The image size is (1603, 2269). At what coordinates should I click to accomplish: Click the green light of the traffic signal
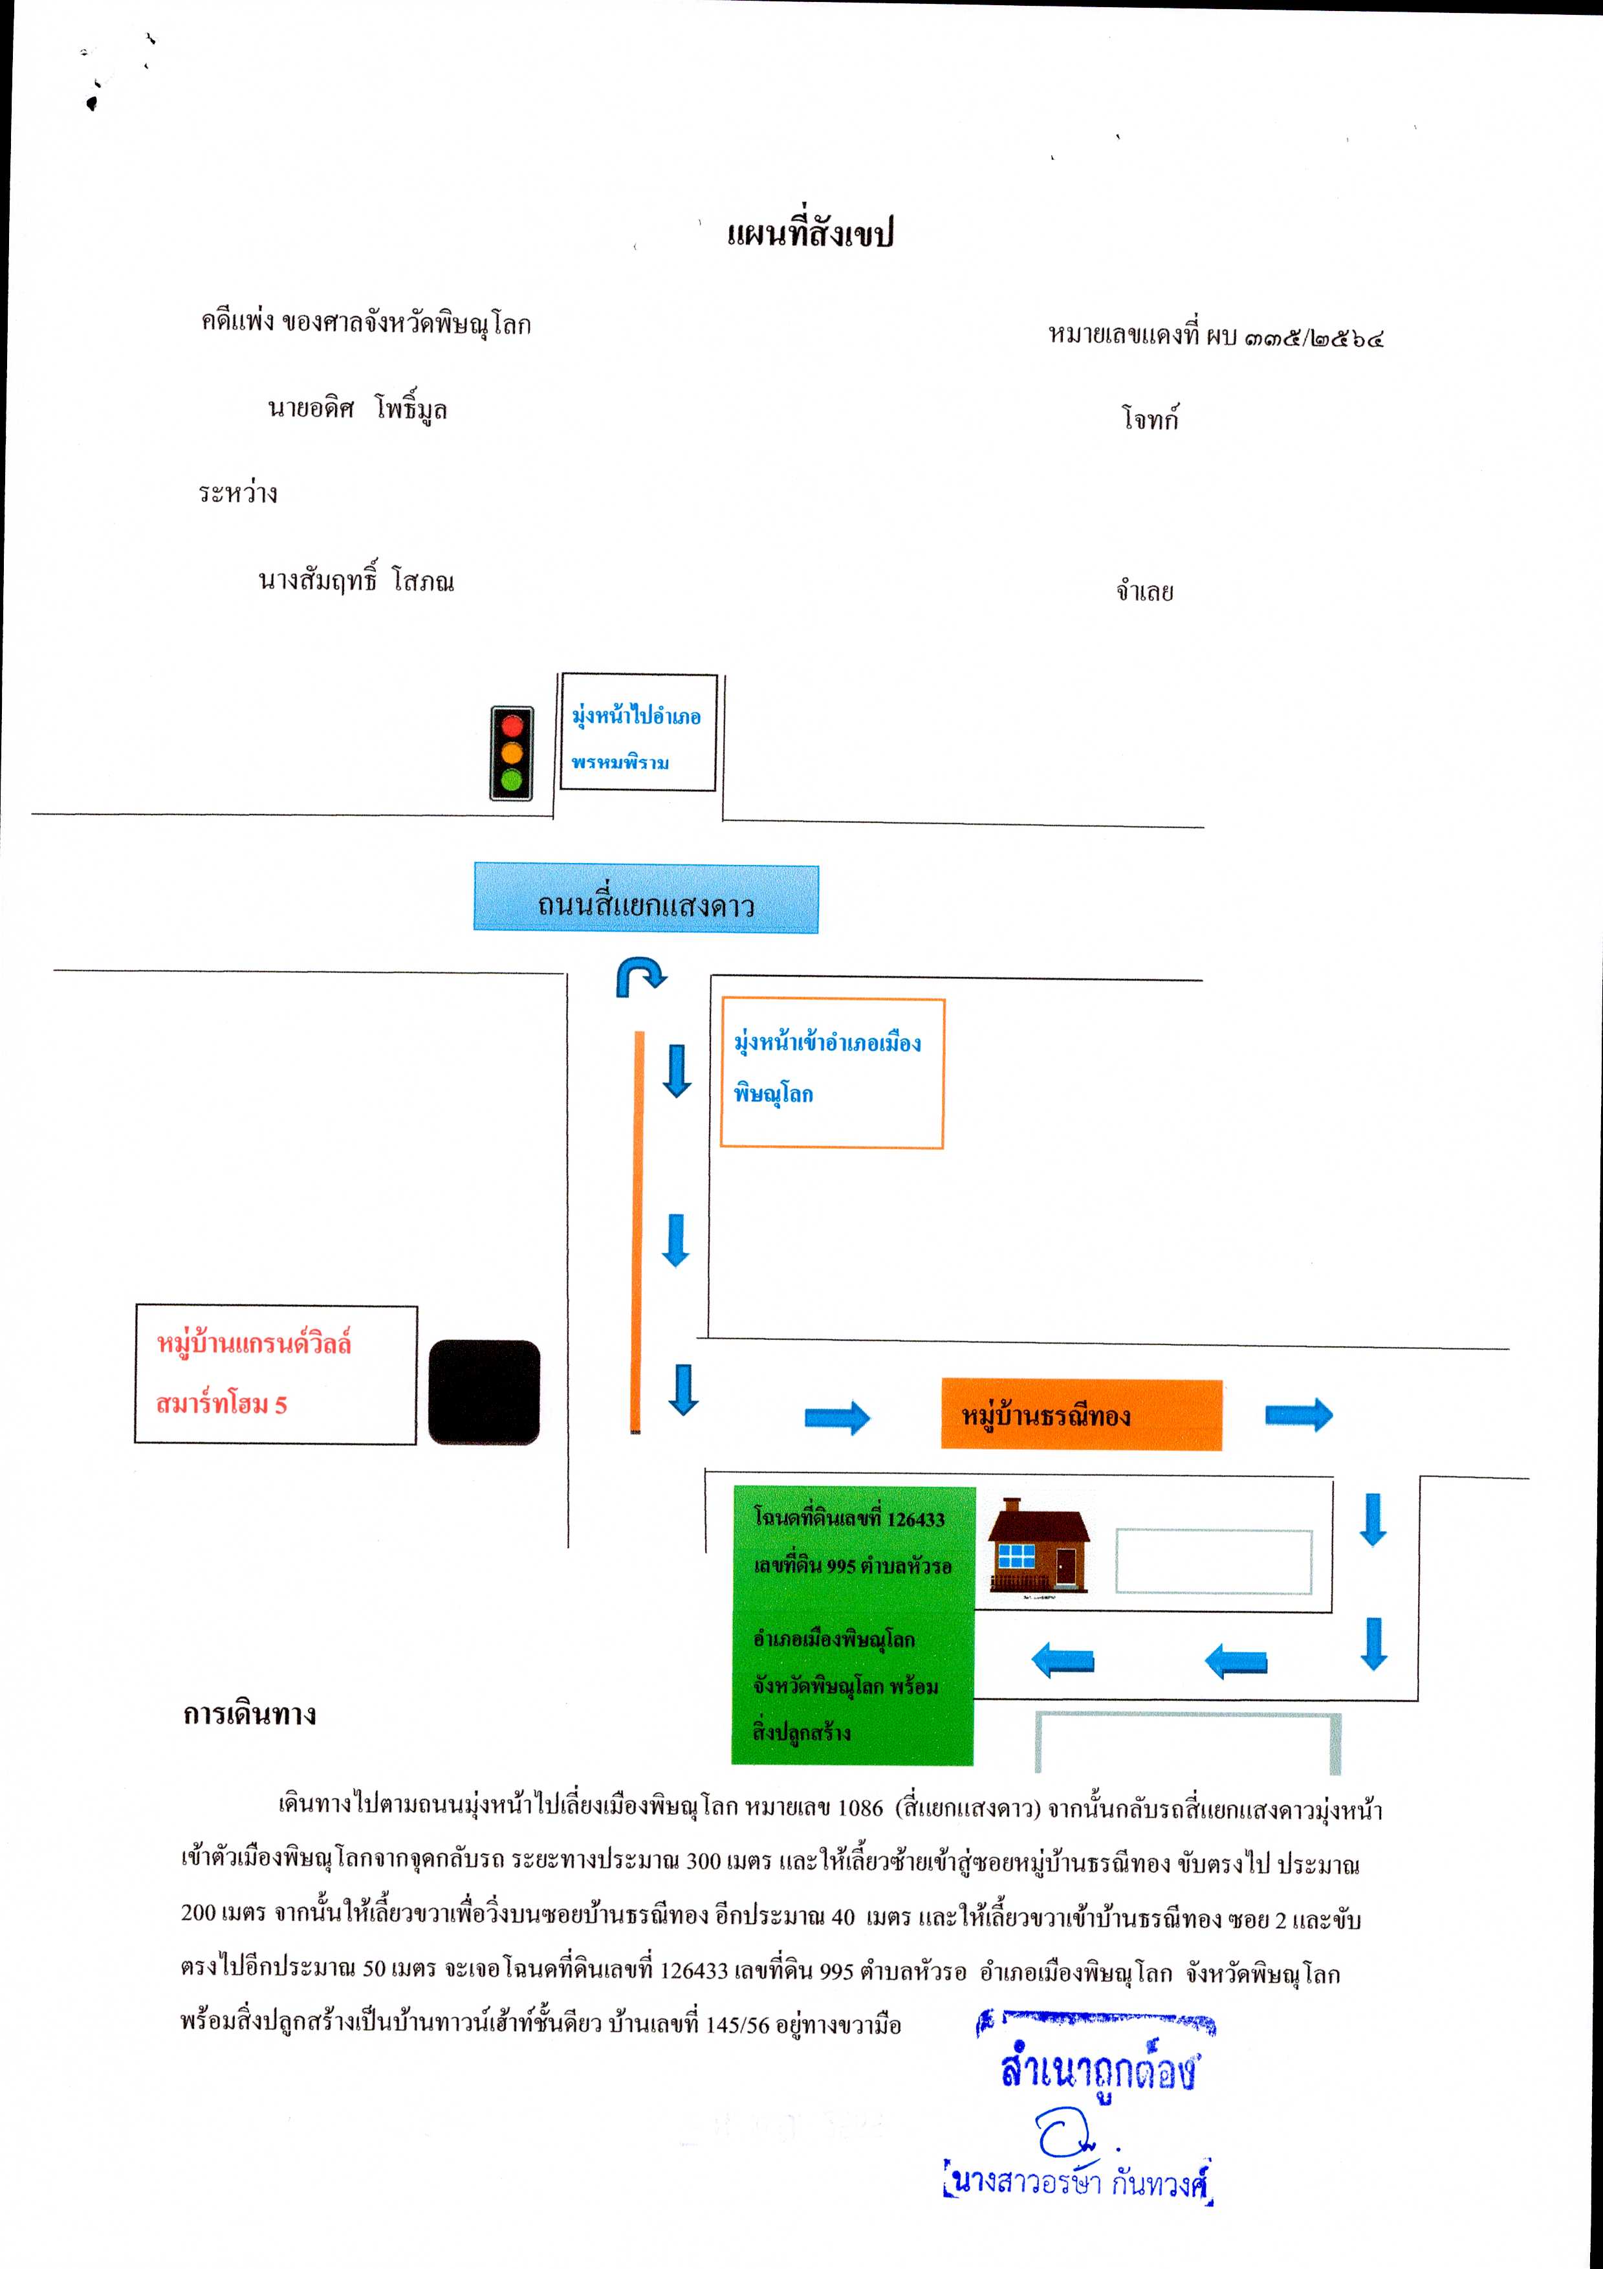pyautogui.click(x=511, y=780)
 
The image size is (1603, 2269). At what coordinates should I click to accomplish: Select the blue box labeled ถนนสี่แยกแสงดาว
pyautogui.click(x=646, y=897)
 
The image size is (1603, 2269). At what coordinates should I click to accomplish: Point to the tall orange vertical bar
pyautogui.click(x=638, y=1231)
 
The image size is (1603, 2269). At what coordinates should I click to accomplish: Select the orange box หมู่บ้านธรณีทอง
pyautogui.click(x=1081, y=1414)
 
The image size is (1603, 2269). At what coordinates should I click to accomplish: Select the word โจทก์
pyautogui.click(x=1150, y=418)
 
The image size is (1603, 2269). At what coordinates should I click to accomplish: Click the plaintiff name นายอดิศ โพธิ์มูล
pyautogui.click(x=357, y=409)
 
